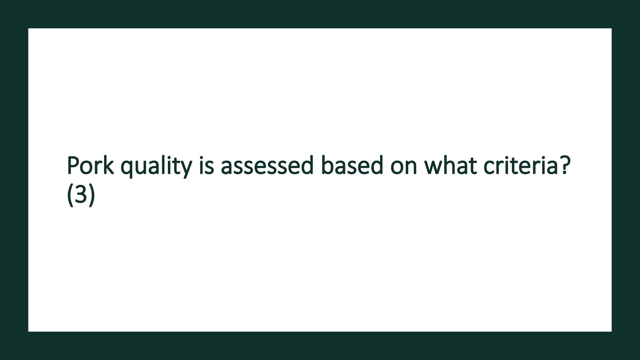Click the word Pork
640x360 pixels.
pyautogui.click(x=90, y=165)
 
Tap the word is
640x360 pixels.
pyautogui.click(x=206, y=165)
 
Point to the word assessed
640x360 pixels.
pyautogui.click(x=267, y=165)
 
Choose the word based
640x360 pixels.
pyautogui.click(x=352, y=165)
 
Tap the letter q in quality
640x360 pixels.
pyautogui.click(x=127, y=168)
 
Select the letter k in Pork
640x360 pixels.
pyautogui.click(x=108, y=165)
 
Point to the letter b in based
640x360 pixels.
pyautogui.click(x=327, y=165)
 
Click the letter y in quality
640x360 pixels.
pyautogui.click(x=185, y=168)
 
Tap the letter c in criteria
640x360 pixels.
pyautogui.click(x=489, y=167)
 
